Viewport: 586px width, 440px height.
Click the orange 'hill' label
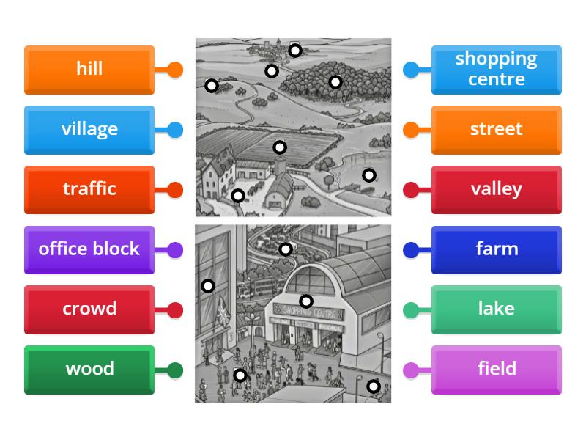(x=89, y=70)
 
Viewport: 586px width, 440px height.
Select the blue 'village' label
(x=89, y=130)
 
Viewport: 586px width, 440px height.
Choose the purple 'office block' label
(x=89, y=249)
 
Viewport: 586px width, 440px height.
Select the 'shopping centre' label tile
(x=496, y=70)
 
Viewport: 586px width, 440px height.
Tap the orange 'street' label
(x=496, y=130)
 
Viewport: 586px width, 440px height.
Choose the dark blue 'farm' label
(x=496, y=249)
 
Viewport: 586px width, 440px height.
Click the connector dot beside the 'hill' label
(x=175, y=70)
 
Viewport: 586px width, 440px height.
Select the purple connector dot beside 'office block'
(x=175, y=250)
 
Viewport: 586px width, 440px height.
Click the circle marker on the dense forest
(x=335, y=82)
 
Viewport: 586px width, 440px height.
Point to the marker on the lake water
(x=369, y=175)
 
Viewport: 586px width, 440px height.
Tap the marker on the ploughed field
(x=280, y=147)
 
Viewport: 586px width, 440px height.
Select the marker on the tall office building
(x=208, y=286)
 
